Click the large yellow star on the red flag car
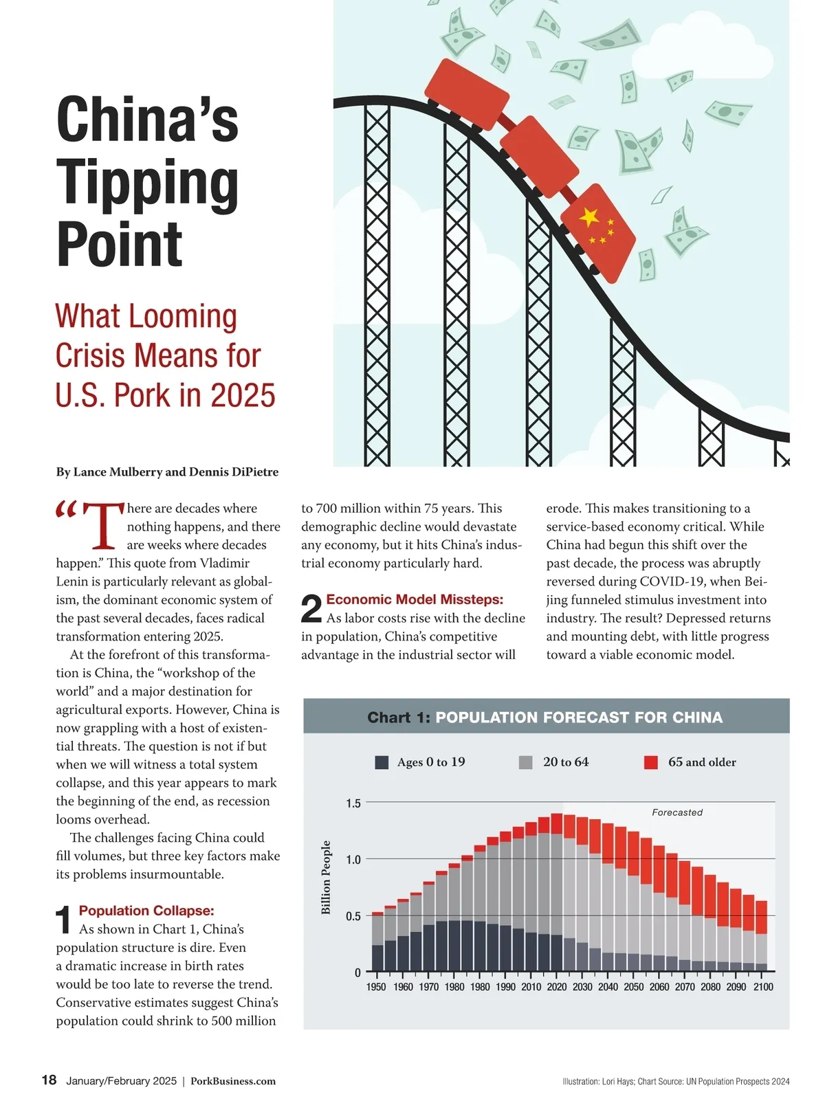coord(589,216)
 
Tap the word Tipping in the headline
coord(147,183)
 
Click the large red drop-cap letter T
coord(103,526)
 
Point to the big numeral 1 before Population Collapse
coord(64,920)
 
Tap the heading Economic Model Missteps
coord(415,599)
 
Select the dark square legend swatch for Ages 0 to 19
coord(382,762)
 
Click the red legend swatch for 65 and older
coord(651,762)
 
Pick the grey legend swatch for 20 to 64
coord(526,762)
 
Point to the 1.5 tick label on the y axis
coord(353,803)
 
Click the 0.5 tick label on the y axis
coord(353,916)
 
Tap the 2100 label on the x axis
coord(763,987)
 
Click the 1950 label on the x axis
coord(376,987)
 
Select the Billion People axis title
coord(327,878)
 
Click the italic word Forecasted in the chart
coord(677,812)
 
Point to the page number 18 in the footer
coord(49,1080)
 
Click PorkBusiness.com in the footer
coord(233,1081)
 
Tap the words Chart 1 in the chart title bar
coord(399,718)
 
